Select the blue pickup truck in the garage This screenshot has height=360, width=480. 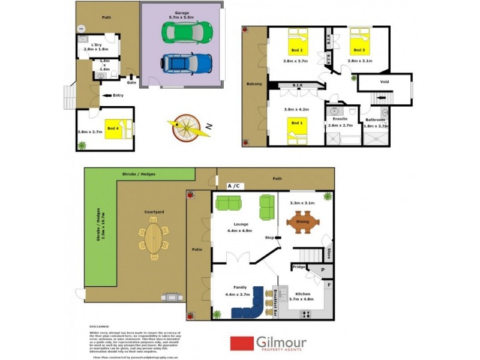tap(187, 62)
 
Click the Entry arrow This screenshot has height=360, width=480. tap(109, 95)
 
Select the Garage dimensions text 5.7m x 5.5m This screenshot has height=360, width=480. tap(181, 17)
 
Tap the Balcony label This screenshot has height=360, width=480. tap(254, 84)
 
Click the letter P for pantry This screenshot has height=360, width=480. tap(322, 271)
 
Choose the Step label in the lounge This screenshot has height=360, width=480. tap(269, 238)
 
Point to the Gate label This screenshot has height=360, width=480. tap(131, 83)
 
